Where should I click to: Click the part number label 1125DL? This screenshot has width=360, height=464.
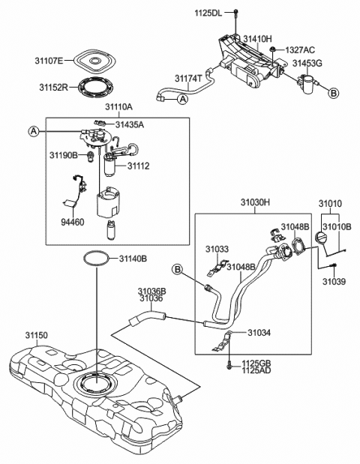tap(208, 13)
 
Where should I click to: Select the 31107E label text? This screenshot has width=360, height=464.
tap(49, 61)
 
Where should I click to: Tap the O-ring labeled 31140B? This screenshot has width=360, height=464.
tap(97, 259)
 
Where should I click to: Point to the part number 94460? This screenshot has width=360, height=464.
tap(73, 222)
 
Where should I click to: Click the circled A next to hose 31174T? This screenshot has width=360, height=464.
tap(183, 99)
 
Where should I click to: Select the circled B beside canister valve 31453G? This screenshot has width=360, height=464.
tap(333, 93)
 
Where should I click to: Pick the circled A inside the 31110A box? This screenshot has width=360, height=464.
tap(34, 130)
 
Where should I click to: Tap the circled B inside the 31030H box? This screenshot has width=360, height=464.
tap(178, 269)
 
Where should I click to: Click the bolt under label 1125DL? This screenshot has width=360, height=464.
tap(235, 21)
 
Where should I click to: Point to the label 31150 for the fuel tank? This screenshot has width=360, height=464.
tap(36, 335)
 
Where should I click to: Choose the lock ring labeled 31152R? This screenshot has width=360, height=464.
tap(96, 88)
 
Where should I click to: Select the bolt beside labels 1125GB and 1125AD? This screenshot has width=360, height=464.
tap(229, 367)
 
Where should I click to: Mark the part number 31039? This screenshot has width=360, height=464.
tap(334, 281)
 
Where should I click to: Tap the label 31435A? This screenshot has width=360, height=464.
tap(130, 125)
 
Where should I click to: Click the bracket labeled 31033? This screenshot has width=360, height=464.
tap(217, 267)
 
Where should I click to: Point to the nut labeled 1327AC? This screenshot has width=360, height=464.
tap(272, 49)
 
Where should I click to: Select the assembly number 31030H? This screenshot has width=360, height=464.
tap(255, 202)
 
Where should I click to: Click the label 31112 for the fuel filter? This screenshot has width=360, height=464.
tap(139, 166)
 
